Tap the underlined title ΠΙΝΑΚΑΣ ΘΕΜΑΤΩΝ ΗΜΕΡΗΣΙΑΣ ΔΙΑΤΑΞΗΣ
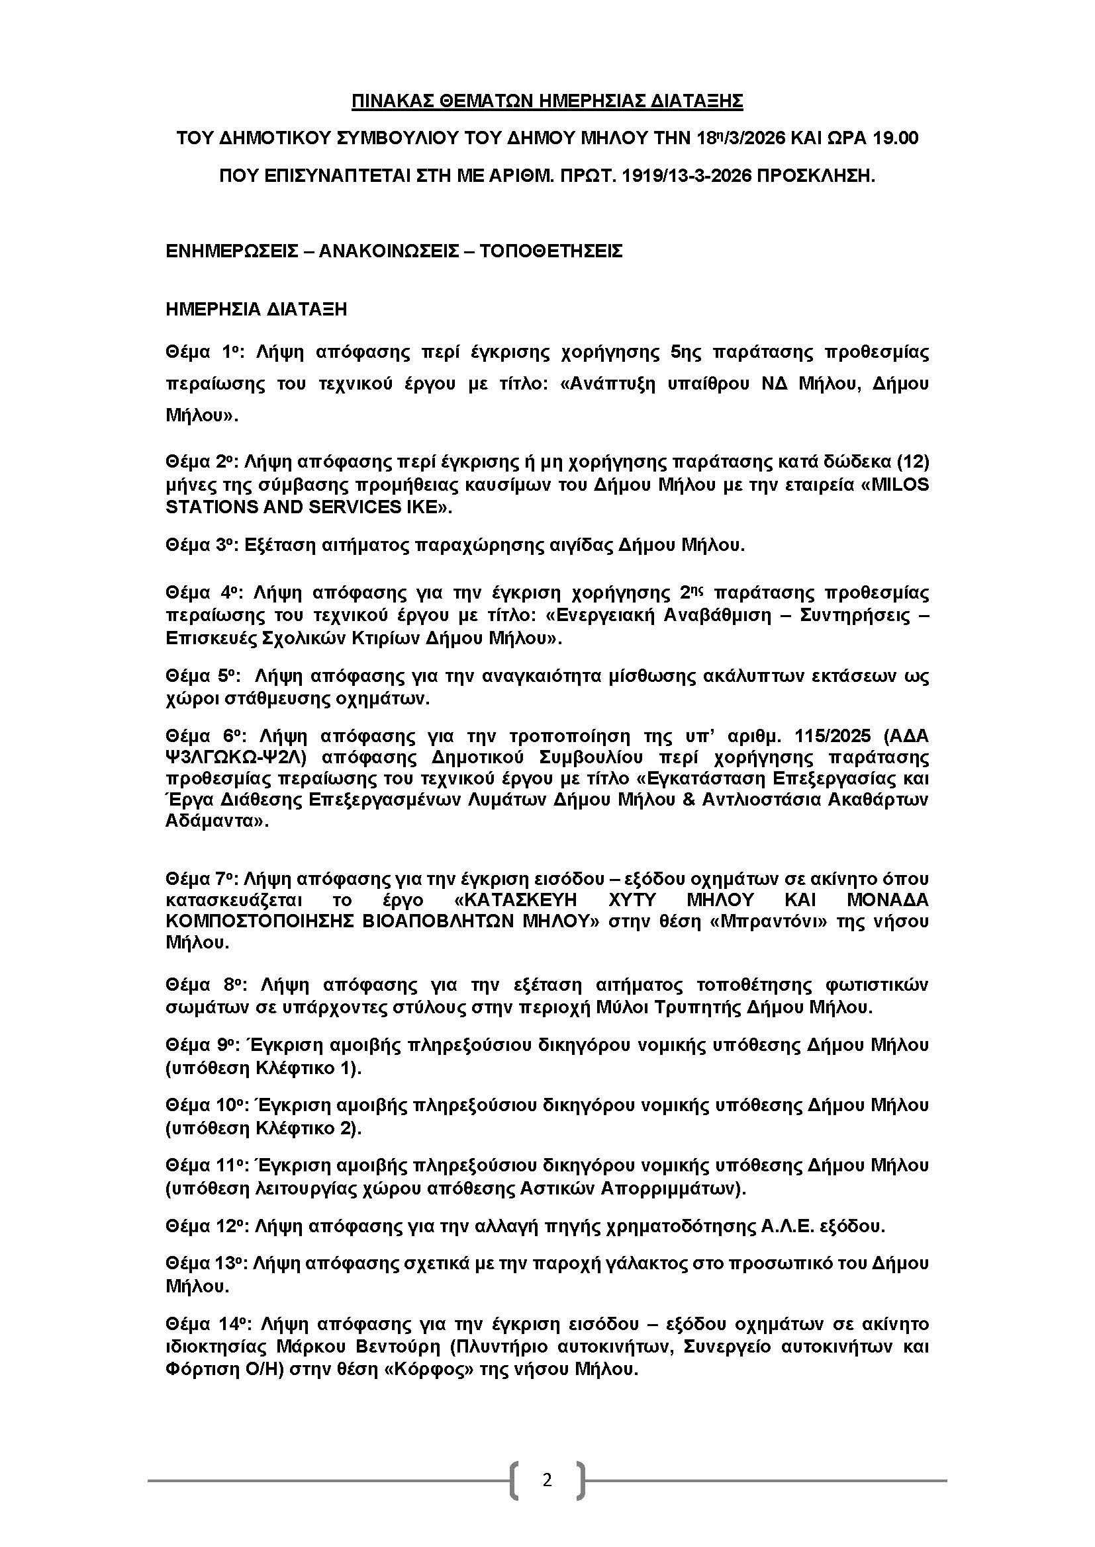(547, 101)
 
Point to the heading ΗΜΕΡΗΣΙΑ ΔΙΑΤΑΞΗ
(256, 310)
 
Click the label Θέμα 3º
(199, 544)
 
